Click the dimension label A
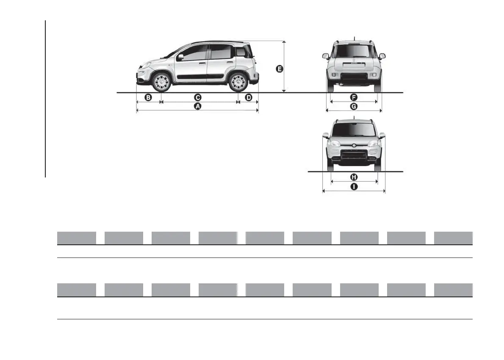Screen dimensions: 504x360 point(197,107)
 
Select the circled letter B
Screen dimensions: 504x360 point(148,97)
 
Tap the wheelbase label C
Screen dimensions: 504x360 point(197,97)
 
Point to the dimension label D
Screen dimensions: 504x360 point(249,97)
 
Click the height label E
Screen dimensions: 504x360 point(279,68)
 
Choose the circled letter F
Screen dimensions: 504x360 point(354,97)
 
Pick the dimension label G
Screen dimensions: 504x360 point(354,106)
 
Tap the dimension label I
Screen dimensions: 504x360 point(354,186)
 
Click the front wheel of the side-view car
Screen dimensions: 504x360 point(161,82)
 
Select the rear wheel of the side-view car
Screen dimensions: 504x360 point(238,82)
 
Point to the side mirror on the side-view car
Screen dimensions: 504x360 point(180,57)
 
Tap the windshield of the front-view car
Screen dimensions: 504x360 point(354,129)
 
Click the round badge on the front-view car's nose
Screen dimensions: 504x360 point(354,145)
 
